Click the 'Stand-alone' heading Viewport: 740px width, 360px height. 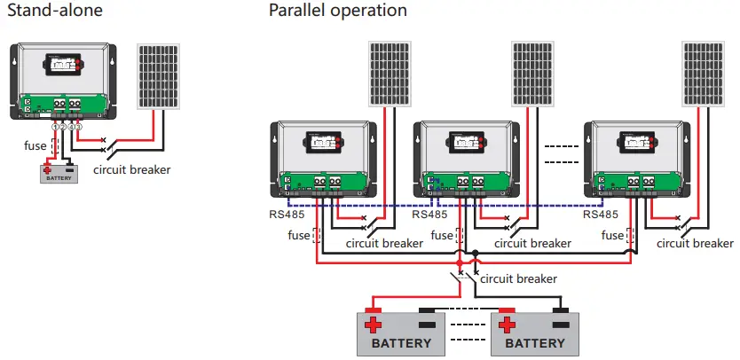54,11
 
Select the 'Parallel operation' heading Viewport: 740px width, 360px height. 338,11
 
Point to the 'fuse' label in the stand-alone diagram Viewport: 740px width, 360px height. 35,145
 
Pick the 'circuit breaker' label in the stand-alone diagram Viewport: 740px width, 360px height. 132,169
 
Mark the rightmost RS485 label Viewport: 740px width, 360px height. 602,214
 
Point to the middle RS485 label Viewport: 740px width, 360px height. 431,214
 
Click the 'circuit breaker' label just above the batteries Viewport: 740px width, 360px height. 518,278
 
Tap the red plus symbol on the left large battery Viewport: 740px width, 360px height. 374,324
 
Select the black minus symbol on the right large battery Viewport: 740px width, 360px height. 561,324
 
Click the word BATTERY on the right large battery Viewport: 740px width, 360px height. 535,343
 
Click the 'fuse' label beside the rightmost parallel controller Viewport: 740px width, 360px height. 613,236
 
